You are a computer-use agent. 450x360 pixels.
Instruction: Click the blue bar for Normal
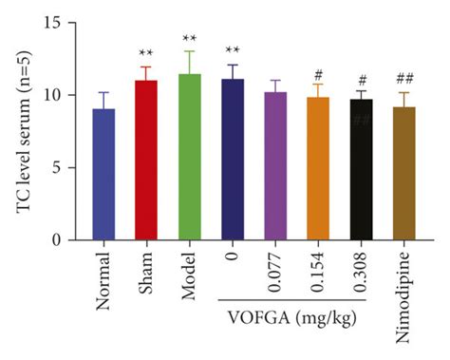tap(103, 175)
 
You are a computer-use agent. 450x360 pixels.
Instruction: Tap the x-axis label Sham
tap(148, 271)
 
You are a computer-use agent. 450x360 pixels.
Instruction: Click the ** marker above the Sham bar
tap(147, 53)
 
